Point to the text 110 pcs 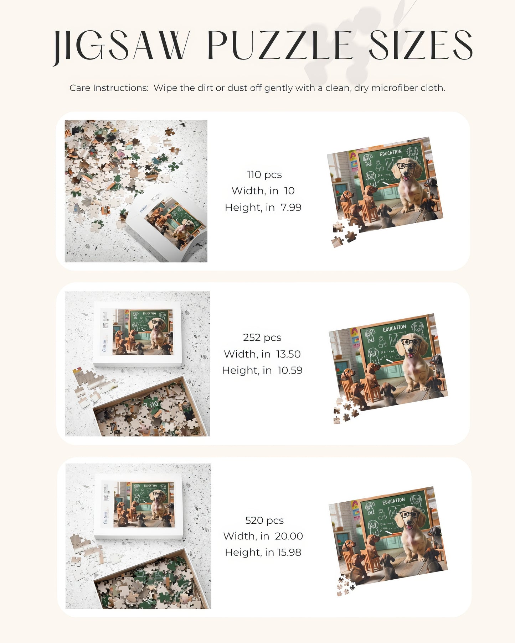point(264,174)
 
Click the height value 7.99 point(291,207)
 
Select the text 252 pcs point(262,338)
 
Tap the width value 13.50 point(288,354)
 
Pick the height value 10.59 point(290,370)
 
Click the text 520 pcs point(264,521)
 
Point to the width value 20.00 point(289,536)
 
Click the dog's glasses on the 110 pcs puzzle point(406,165)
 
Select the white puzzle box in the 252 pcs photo point(138,334)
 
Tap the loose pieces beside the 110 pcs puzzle point(343,235)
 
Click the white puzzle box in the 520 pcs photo point(138,506)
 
